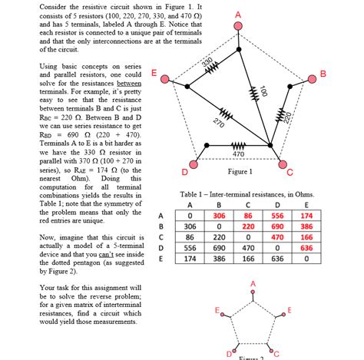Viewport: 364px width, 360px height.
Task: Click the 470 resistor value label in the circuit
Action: coord(238,154)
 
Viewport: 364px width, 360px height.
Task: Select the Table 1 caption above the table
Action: coord(247,195)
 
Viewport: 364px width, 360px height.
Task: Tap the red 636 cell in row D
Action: coord(306,248)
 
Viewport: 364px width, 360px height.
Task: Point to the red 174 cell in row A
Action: coord(306,216)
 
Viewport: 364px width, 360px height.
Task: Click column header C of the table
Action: coord(248,205)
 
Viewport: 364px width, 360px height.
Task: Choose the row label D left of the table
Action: coord(160,249)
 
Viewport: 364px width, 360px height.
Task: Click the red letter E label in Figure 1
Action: coord(154,73)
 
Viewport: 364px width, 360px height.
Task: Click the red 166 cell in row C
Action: coord(306,238)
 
